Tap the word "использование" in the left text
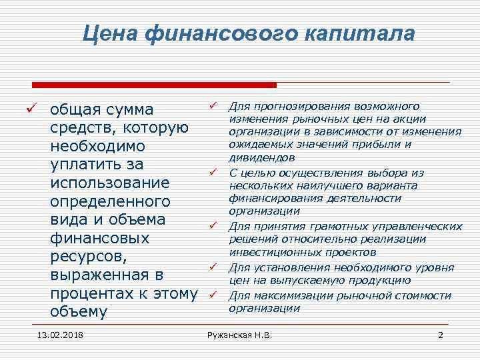pos(110,183)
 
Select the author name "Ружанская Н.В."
pos(240,334)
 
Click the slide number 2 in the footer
pos(440,334)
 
